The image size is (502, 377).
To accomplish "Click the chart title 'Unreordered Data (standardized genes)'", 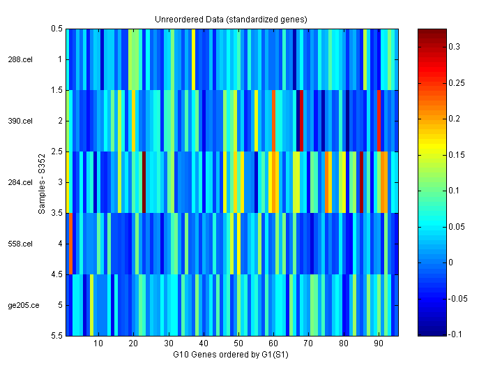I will point(231,19).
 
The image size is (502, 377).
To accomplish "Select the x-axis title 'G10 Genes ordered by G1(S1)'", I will point(231,355).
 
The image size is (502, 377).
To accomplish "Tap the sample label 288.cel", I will point(20,60).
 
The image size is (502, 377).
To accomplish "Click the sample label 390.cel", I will point(20,121).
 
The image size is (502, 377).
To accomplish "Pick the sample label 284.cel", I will point(20,182).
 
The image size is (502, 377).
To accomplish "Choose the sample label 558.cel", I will point(20,244).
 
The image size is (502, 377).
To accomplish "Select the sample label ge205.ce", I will point(22,305).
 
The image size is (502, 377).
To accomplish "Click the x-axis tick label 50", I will point(238,343).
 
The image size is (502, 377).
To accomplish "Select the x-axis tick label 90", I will point(379,343).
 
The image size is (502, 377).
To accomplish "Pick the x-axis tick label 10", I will point(98,343).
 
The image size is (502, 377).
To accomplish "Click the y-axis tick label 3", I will point(60,182).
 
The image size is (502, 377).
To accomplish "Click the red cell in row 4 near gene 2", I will point(70,244).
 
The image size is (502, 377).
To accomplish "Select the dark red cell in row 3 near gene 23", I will point(144,182).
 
